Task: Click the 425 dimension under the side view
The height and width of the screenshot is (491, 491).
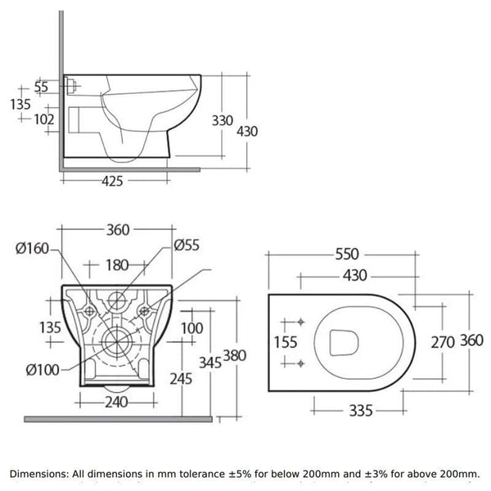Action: point(119,182)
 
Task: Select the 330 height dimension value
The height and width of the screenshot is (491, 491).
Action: point(223,120)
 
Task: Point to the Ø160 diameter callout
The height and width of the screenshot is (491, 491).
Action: point(33,250)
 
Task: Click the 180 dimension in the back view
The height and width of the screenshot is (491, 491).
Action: point(119,264)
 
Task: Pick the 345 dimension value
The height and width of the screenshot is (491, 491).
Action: point(210,363)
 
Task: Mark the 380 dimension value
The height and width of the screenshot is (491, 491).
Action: point(235,356)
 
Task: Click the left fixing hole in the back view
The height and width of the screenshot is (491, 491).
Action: point(88,310)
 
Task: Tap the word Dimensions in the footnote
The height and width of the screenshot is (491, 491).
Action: point(42,474)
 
